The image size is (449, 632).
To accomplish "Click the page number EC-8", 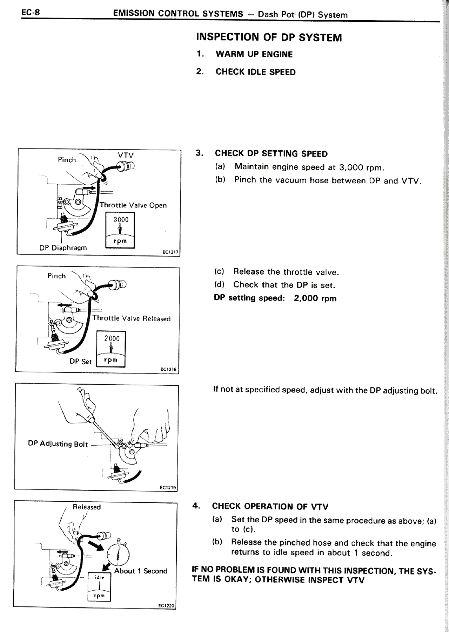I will (31, 13).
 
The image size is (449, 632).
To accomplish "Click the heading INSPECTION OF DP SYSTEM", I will (269, 37).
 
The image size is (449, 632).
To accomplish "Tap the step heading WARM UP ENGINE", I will (254, 54).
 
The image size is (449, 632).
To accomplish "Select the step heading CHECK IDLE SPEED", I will (255, 72).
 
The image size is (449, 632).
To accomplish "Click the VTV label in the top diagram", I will (126, 155).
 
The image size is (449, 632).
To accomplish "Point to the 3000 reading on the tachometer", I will (121, 220).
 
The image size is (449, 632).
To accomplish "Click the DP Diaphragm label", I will (63, 248).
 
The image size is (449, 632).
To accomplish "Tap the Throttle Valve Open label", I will (133, 205).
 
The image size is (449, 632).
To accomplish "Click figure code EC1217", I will (170, 252).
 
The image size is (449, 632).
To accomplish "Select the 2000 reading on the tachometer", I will (112, 338).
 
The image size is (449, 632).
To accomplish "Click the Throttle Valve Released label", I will (131, 318).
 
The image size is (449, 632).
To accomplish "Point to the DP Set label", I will (80, 361).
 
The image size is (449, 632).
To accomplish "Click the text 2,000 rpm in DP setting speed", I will (315, 298).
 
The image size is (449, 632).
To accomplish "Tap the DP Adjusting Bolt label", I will (58, 444).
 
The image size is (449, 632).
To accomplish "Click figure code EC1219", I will (168, 487).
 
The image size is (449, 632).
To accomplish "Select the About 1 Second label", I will (141, 571).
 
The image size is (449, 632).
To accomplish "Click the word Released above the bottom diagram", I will (87, 507).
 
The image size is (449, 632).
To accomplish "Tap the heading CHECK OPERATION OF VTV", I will (270, 506).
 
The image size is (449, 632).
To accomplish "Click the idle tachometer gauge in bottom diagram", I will (99, 587).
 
